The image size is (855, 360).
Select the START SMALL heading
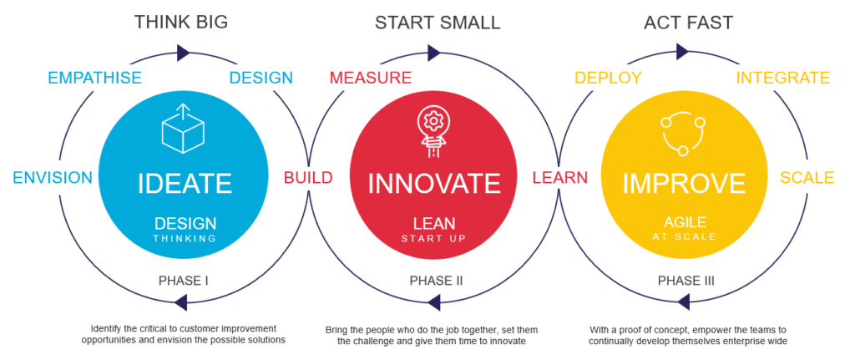pos(438,22)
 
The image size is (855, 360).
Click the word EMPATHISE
pos(94,78)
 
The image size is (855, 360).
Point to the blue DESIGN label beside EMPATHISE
pos(261,78)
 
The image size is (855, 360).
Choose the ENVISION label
pos(52,177)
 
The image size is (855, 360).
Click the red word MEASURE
pos(371,78)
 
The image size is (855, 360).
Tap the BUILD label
pos(307,177)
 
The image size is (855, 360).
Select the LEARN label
pos(559,177)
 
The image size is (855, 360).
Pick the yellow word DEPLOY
pos(608,78)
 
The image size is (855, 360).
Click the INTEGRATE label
pos(782,78)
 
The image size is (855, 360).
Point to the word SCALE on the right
pos(807,177)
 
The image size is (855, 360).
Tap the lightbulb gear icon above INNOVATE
pos(433,129)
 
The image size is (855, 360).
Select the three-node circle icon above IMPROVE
pos(683,132)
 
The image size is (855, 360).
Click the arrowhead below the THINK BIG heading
pos(184,52)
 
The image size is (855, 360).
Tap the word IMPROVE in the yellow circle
pos(684,183)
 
